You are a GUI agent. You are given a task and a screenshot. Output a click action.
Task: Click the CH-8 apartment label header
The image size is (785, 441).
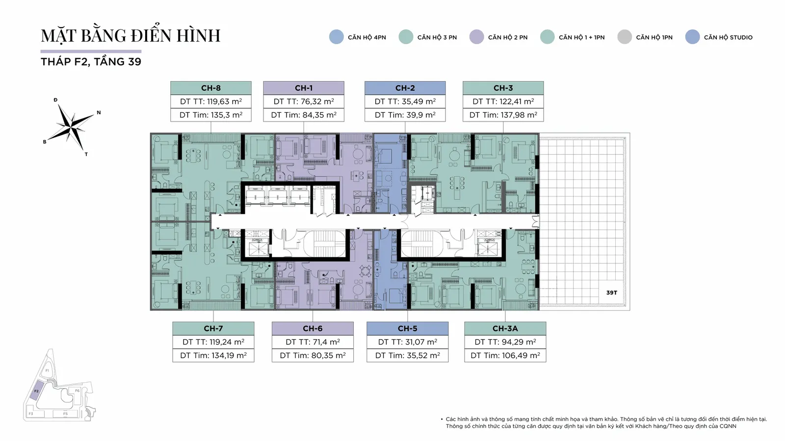click(x=211, y=88)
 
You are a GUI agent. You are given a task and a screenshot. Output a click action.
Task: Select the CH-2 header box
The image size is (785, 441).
click(x=405, y=88)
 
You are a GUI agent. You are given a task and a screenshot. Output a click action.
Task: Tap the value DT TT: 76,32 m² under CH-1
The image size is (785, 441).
click(x=304, y=101)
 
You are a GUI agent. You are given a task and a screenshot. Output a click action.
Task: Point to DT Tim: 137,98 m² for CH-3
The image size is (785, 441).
click(x=503, y=115)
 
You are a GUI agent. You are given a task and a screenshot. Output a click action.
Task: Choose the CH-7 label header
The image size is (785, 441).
click(x=213, y=328)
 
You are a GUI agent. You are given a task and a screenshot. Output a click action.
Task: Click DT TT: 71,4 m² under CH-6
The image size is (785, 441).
click(x=313, y=342)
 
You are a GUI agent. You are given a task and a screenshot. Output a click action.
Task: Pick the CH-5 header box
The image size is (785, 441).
click(x=408, y=328)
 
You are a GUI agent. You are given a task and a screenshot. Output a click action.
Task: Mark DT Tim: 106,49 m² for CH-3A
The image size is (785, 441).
click(x=505, y=355)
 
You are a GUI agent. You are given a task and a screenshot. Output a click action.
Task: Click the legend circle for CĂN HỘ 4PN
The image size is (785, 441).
click(x=337, y=37)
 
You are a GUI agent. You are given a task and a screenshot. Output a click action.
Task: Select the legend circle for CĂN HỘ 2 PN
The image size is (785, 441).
click(x=476, y=37)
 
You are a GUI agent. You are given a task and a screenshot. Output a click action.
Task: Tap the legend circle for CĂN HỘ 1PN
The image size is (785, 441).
click(x=625, y=37)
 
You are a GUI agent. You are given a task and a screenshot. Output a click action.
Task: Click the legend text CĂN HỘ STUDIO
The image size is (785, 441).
click(x=728, y=37)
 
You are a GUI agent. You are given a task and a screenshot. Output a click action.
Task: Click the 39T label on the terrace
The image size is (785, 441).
click(x=611, y=293)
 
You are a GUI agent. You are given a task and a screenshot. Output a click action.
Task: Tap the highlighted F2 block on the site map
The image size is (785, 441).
click(x=36, y=392)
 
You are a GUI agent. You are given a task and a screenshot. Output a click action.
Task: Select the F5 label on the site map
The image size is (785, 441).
click(x=65, y=414)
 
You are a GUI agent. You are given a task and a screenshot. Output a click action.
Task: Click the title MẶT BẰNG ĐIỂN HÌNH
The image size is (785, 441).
click(x=131, y=35)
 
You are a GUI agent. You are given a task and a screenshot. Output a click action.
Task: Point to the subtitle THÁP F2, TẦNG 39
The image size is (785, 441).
click(x=91, y=62)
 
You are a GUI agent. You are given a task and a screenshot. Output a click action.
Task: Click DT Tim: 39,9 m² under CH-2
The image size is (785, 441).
click(x=405, y=115)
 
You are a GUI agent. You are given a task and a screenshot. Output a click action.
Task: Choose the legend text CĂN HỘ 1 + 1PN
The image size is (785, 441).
click(x=582, y=37)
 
